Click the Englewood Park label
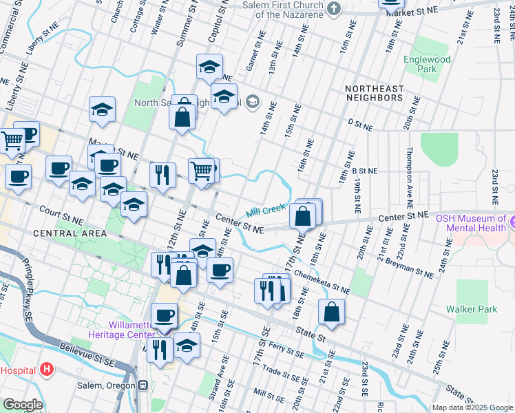coord(427,64)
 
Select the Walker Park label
coord(471,309)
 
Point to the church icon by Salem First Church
coord(334,9)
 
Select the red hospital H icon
coord(46,370)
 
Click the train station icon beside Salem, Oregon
coord(143,385)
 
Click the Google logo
coord(23,404)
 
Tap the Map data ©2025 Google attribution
coord(472,407)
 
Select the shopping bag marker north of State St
coord(331,312)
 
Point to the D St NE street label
coord(359,125)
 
